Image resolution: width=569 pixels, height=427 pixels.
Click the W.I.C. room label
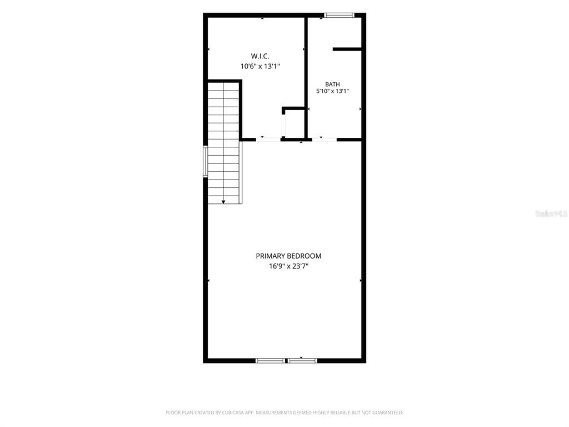260,56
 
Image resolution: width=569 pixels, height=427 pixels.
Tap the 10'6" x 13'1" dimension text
260,67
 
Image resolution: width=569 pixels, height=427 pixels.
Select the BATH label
332,85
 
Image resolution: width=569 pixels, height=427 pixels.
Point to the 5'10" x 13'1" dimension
332,91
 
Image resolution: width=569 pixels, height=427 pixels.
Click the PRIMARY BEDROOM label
288,256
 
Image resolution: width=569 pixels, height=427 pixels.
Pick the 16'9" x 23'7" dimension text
288,266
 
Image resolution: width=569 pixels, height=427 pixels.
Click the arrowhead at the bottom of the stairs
223,201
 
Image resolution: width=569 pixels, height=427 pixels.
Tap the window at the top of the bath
339,15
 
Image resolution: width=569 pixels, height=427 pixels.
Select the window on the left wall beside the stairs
206,161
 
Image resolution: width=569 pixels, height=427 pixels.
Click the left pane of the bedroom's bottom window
271,360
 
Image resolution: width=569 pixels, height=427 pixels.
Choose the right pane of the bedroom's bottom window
302,360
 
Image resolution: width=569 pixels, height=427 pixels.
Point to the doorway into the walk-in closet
268,139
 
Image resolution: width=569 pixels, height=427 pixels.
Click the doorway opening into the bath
325,139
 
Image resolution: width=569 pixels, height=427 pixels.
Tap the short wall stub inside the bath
347,49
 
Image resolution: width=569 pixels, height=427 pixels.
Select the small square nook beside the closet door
294,123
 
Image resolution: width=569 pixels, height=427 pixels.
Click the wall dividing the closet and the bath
306,77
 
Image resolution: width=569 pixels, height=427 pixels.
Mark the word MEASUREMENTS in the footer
271,413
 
